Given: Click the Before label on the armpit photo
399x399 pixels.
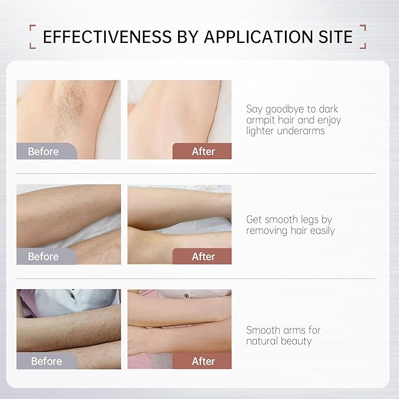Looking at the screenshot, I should (x=43, y=152).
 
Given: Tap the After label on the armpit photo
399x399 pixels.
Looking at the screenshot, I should (x=203, y=152).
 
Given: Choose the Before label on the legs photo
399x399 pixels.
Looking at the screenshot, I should (x=43, y=256).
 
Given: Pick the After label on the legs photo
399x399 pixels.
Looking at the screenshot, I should (x=203, y=256).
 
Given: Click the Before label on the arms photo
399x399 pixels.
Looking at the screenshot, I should (x=46, y=361).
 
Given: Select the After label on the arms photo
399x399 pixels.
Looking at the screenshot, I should (x=203, y=361).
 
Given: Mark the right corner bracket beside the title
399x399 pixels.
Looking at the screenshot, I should (x=363, y=36).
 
